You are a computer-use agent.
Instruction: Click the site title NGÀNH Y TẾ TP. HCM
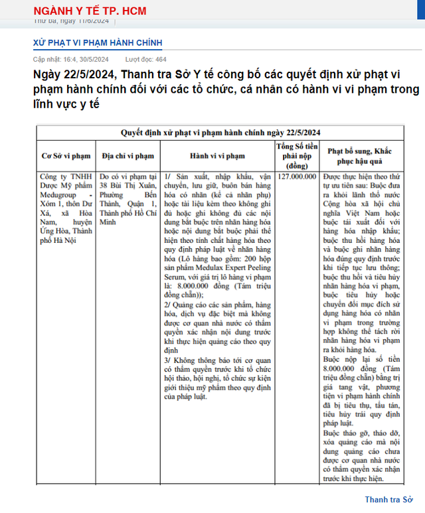click(89, 11)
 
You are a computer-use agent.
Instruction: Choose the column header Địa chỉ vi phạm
click(128, 156)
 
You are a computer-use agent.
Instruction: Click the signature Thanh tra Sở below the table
click(388, 499)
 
